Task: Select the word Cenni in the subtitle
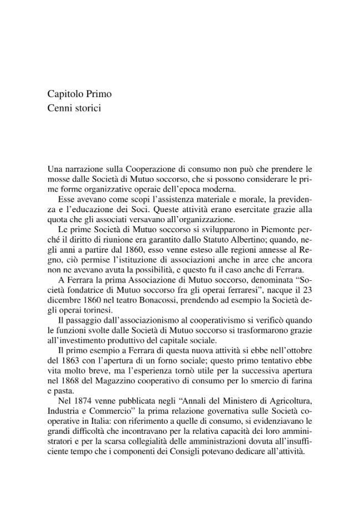pyautogui.click(x=59, y=108)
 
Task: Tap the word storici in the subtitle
pyautogui.click(x=88, y=108)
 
